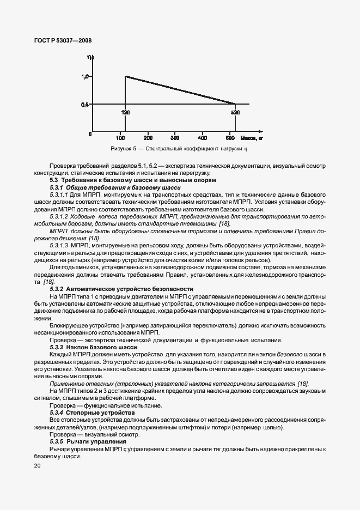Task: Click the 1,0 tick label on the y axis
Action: (x=85, y=76)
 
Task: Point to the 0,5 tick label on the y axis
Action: (x=85, y=104)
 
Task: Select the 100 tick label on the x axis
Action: (x=120, y=138)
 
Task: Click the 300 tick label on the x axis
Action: (x=175, y=138)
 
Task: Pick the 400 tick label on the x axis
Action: (x=203, y=138)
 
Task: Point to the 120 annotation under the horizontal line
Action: (x=125, y=112)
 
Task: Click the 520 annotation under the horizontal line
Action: (x=235, y=112)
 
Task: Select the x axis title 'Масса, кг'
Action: (x=251, y=138)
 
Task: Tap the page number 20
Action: (x=36, y=466)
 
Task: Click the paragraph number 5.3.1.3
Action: (x=58, y=246)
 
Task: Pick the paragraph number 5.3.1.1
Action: (x=58, y=194)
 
